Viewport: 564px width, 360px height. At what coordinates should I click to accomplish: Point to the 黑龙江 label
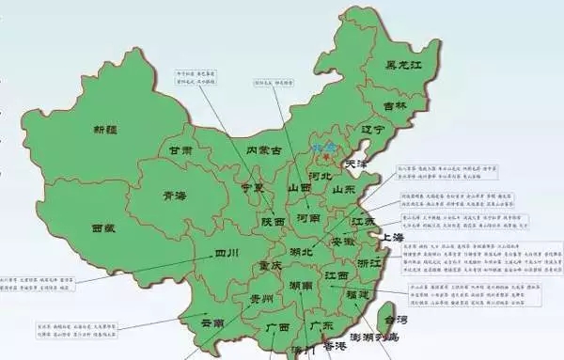coord(407,65)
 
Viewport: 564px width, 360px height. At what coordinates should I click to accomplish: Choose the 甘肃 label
coord(180,150)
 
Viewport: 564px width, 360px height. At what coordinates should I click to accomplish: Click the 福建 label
coord(353,294)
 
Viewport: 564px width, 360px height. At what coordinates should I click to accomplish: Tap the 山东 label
coord(343,189)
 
